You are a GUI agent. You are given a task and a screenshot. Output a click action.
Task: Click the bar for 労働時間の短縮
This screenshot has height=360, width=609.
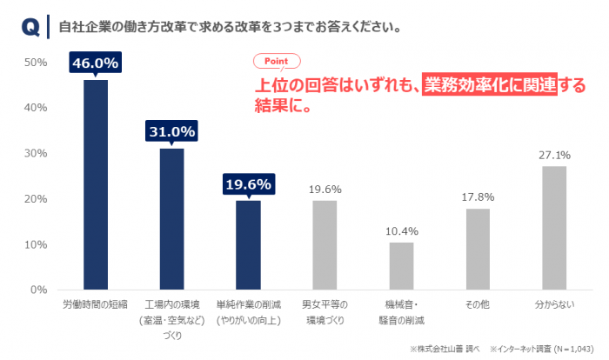[96, 184]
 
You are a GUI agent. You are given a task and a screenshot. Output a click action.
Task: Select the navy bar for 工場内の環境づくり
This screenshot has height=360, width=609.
[171, 218]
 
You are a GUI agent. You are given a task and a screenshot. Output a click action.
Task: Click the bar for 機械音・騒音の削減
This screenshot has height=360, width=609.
[401, 265]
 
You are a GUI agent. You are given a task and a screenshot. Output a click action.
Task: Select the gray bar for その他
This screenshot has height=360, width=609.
[478, 249]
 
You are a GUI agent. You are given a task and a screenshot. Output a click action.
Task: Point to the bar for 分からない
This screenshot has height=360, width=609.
[554, 228]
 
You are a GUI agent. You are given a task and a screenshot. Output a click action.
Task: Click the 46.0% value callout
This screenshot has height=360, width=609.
[96, 63]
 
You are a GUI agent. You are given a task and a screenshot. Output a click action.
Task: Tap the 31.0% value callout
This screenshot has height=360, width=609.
[171, 131]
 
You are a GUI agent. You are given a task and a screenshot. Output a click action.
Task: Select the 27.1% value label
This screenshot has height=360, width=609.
[554, 155]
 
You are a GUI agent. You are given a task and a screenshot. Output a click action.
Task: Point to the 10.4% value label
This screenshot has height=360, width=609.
[401, 231]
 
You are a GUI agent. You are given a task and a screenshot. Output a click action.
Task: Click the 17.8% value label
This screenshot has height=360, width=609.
[478, 197]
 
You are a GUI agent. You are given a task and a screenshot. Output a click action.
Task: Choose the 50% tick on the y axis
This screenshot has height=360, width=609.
[36, 63]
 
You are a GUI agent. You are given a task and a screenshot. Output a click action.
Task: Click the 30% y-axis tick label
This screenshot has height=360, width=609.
[36, 153]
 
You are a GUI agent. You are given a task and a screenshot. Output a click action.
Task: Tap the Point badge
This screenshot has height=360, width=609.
[276, 62]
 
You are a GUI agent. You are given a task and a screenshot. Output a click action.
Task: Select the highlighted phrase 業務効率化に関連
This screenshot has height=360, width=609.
[489, 85]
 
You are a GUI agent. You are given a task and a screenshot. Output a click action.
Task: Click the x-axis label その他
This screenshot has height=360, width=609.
[478, 306]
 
